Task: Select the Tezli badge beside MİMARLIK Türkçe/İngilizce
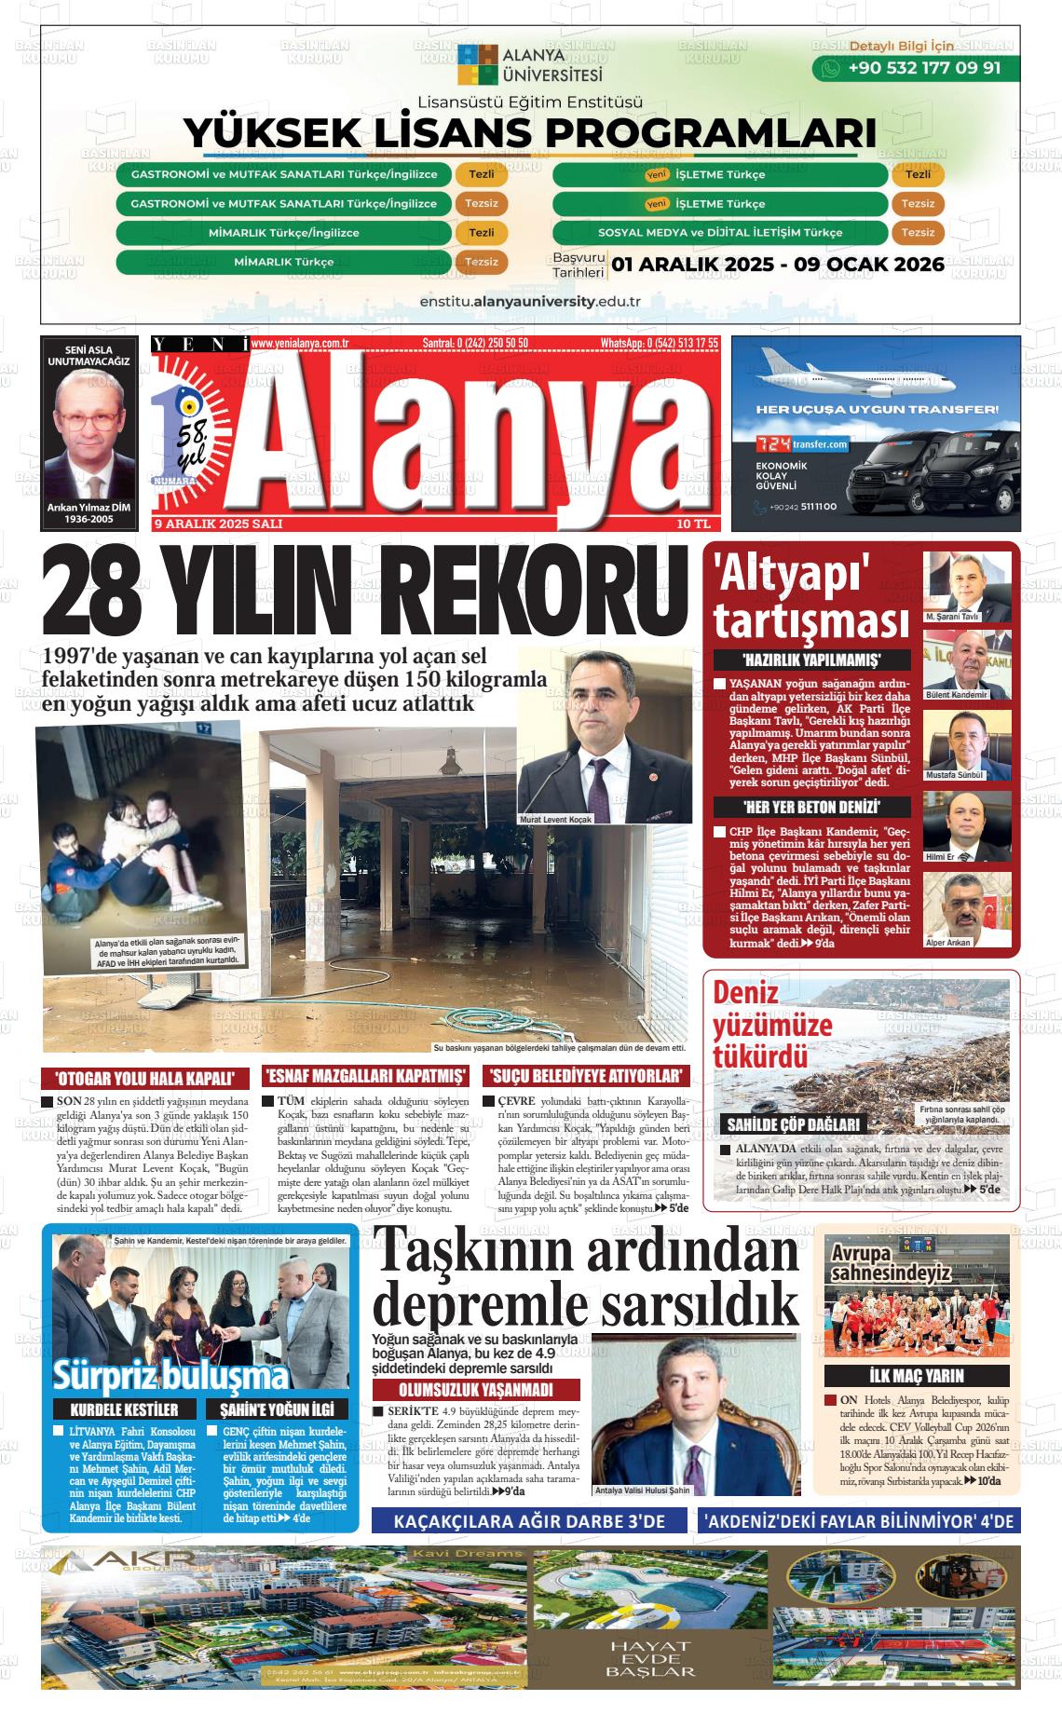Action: click(481, 233)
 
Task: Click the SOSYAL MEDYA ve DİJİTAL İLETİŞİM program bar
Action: click(719, 233)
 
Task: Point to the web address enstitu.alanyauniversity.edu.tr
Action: click(530, 302)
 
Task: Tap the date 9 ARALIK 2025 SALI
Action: click(218, 524)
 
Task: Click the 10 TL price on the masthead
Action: click(694, 524)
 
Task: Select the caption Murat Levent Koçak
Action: click(556, 820)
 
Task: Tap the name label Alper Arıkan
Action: click(948, 943)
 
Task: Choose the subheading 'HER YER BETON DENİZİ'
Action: click(812, 808)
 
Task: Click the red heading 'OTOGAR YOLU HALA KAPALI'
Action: click(146, 1079)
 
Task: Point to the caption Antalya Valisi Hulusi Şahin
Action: click(643, 1490)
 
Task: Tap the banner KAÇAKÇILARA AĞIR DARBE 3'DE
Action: click(530, 1521)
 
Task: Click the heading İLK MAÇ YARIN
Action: click(916, 1375)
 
